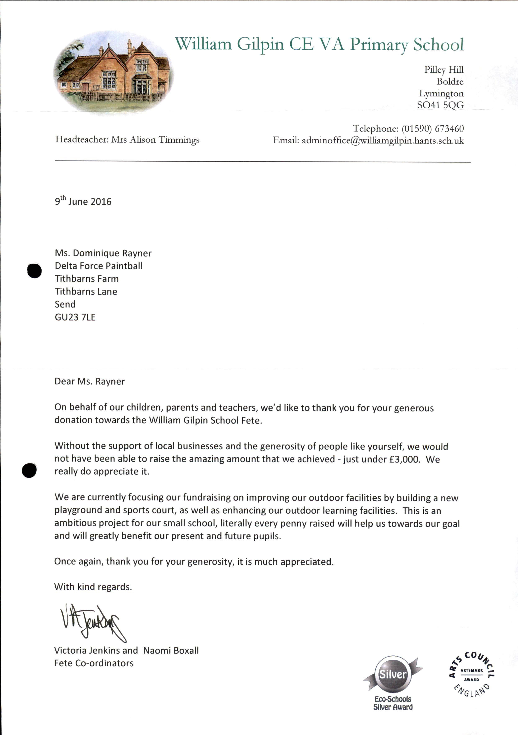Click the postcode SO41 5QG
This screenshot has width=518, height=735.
click(x=440, y=105)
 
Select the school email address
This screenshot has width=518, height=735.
click(x=382, y=141)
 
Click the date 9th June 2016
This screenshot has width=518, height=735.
click(x=83, y=201)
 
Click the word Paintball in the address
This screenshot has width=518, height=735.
click(x=124, y=266)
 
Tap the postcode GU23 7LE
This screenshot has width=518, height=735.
click(x=75, y=317)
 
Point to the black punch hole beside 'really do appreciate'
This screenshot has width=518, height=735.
click(x=29, y=471)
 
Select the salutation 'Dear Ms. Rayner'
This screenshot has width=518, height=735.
click(x=90, y=381)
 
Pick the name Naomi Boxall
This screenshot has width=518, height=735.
click(x=171, y=650)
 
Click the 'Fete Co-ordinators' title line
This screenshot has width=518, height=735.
click(x=94, y=663)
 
